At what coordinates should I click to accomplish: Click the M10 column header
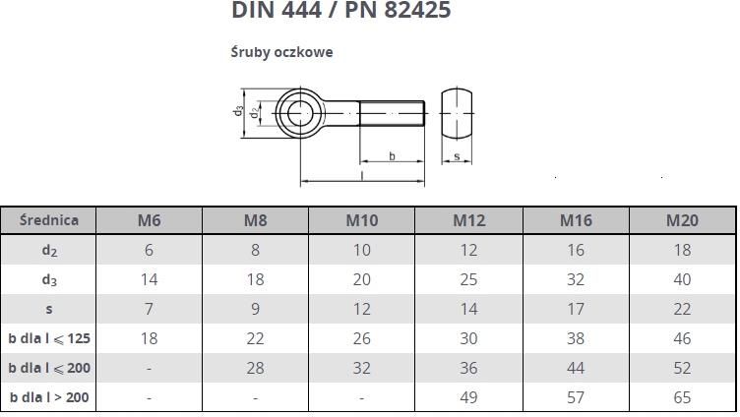(x=362, y=220)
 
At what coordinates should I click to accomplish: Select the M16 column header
(x=576, y=220)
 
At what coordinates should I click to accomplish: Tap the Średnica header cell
(x=48, y=220)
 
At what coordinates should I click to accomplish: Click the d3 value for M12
(x=468, y=279)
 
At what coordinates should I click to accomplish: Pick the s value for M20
(x=682, y=309)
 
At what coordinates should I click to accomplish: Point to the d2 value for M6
(x=149, y=250)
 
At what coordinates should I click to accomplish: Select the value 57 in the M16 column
(x=576, y=397)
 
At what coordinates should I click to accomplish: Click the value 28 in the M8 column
(x=255, y=368)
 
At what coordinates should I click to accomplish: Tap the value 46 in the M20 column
(x=682, y=338)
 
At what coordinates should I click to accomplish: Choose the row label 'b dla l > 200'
(x=49, y=397)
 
